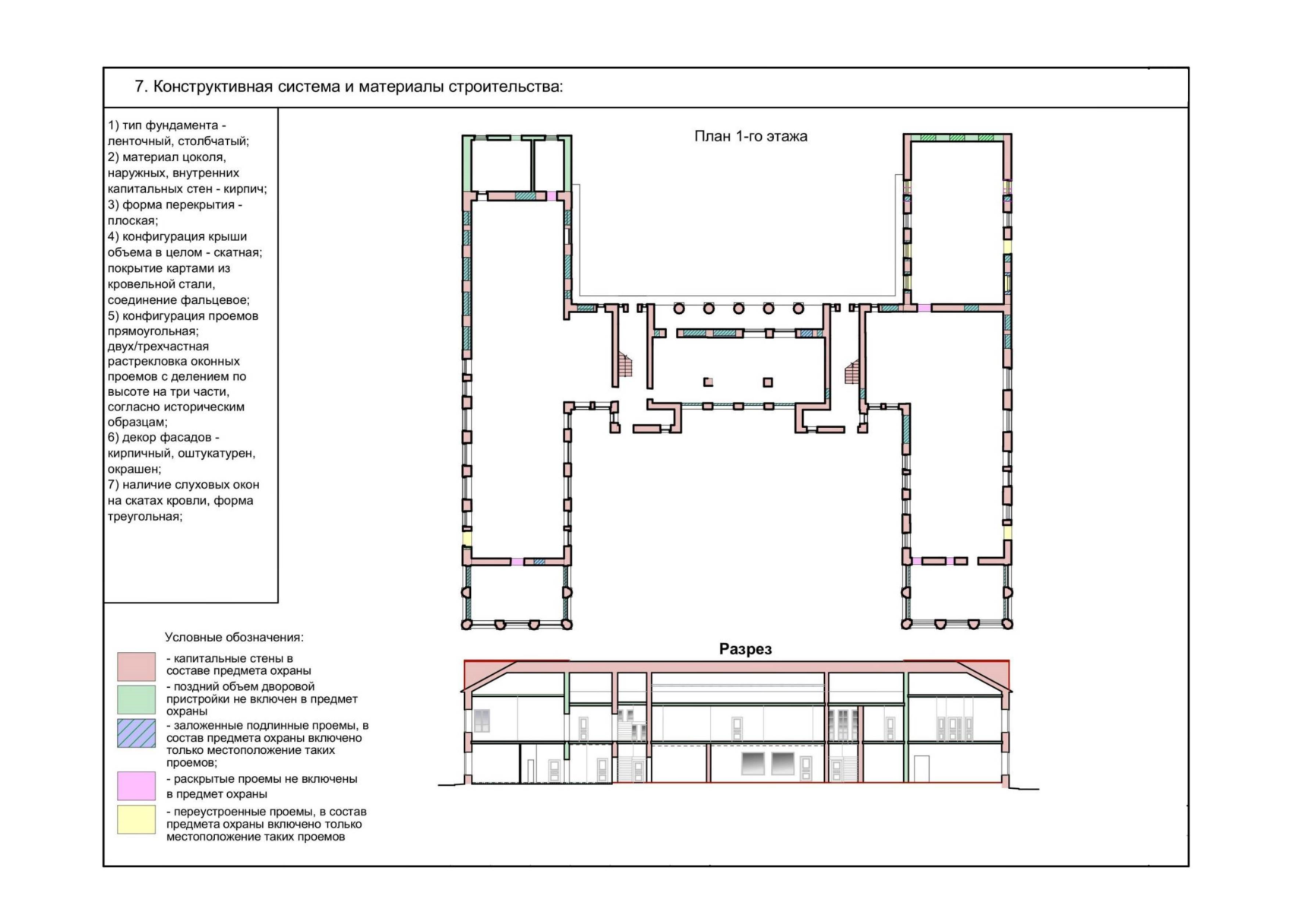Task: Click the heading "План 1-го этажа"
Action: point(750,137)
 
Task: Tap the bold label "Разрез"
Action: point(745,649)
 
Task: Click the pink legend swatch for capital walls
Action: point(137,667)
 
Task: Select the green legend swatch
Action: point(137,699)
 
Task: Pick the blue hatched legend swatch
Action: point(137,733)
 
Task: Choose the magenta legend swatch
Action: point(137,786)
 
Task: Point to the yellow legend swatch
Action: point(137,819)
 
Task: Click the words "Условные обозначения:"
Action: point(234,638)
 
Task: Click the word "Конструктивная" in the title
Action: point(213,87)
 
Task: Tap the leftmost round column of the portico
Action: point(679,309)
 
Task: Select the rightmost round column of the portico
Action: point(798,309)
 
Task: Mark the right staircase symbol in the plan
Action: point(852,371)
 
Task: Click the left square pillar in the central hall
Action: point(709,382)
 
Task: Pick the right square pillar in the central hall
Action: point(768,382)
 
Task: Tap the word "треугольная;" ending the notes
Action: point(145,517)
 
